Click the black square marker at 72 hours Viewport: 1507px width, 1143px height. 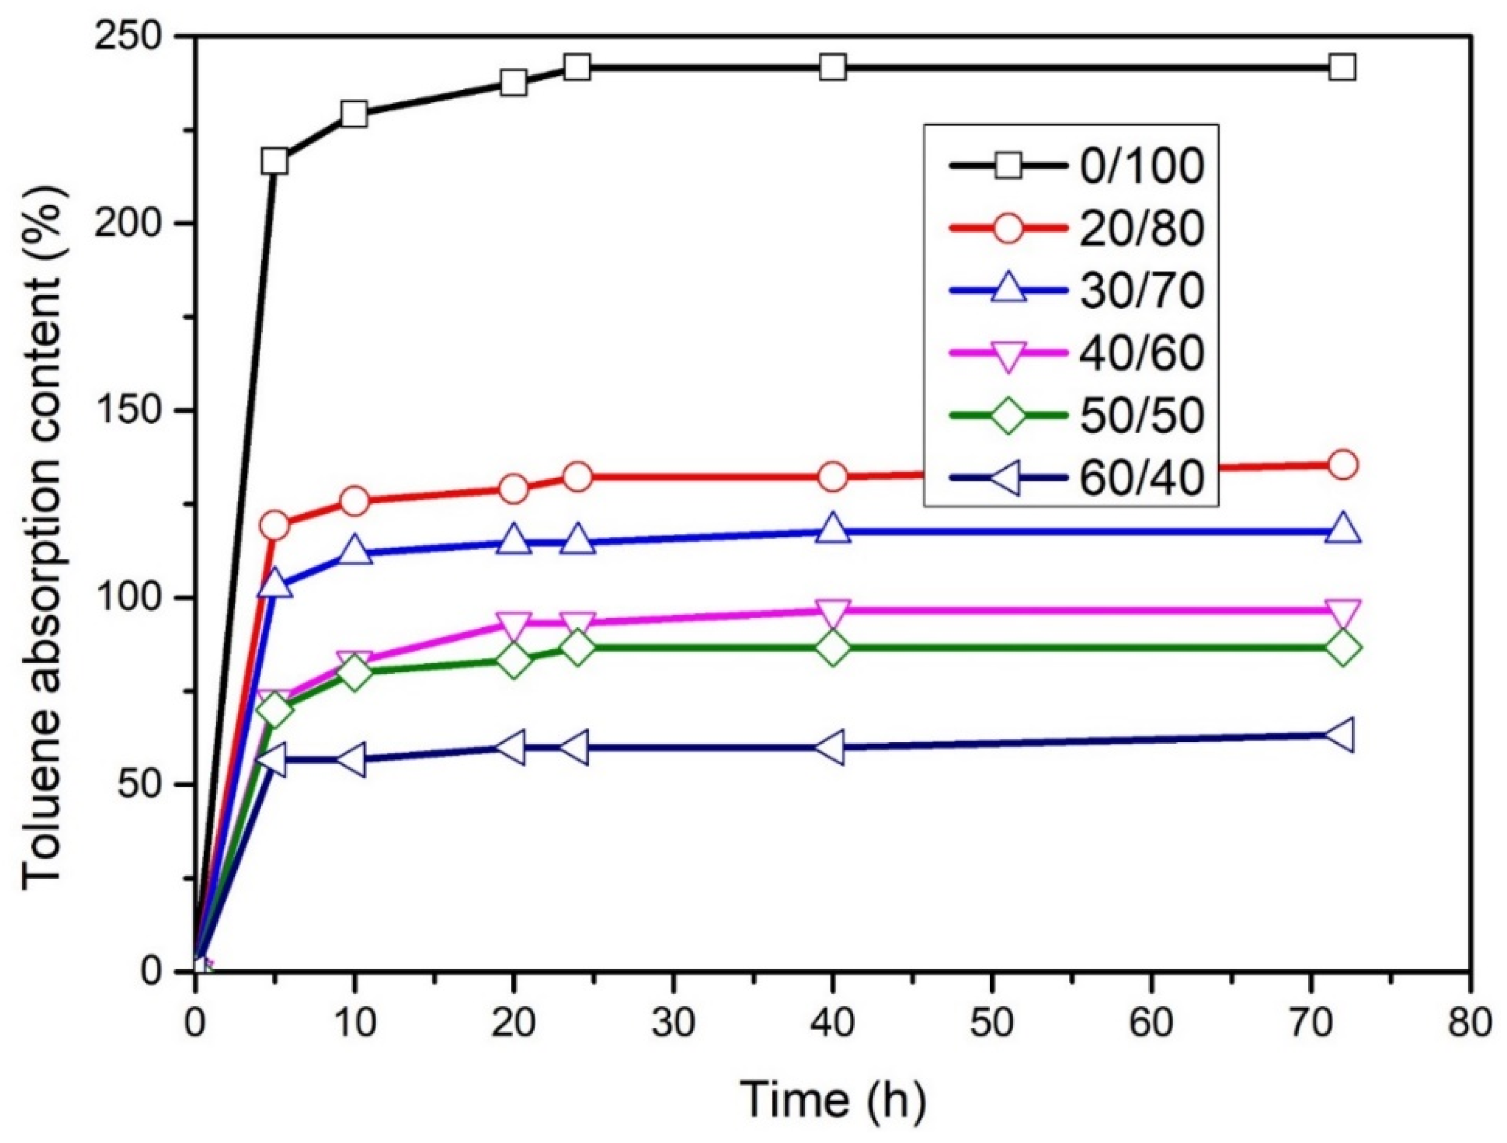(1342, 67)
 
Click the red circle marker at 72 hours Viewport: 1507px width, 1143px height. (1342, 465)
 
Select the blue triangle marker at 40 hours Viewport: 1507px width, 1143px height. (832, 530)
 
